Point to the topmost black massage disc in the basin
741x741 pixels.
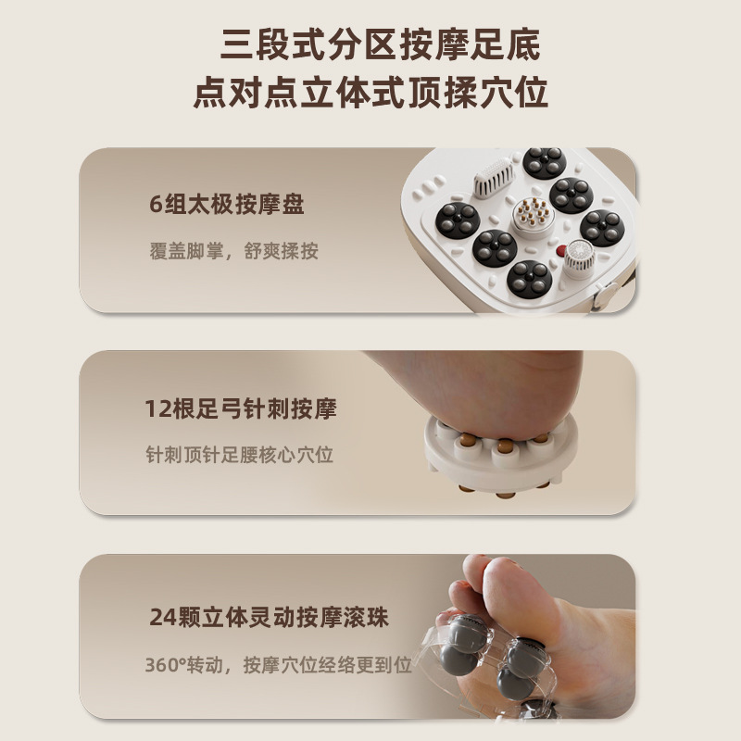point(544,163)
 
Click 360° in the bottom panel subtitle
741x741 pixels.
point(166,665)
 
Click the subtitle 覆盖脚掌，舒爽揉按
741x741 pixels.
point(232,251)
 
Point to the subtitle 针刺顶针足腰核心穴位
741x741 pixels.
point(239,455)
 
